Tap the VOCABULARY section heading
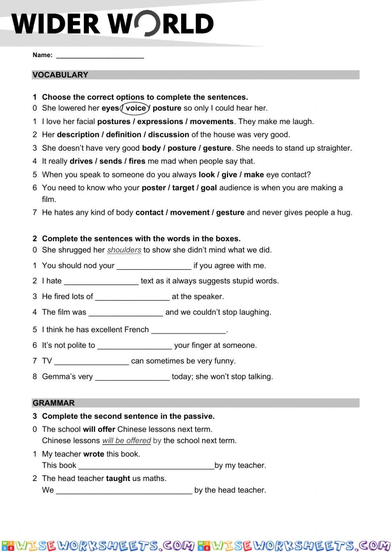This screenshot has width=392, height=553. tap(60, 75)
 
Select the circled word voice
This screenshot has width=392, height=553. tap(136, 108)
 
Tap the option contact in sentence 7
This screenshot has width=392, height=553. tap(149, 213)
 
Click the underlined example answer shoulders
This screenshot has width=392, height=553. tap(124, 250)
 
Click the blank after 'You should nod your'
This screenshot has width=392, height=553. tap(154, 266)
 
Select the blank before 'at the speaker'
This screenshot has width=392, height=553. tap(132, 297)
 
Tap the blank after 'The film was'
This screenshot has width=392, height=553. tap(125, 313)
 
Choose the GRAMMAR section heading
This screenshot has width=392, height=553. tap(54, 403)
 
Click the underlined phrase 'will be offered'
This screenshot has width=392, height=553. tap(126, 441)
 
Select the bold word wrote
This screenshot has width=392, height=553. tap(94, 454)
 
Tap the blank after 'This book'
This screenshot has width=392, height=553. tap(146, 466)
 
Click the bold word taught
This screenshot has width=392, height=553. tap(118, 478)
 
